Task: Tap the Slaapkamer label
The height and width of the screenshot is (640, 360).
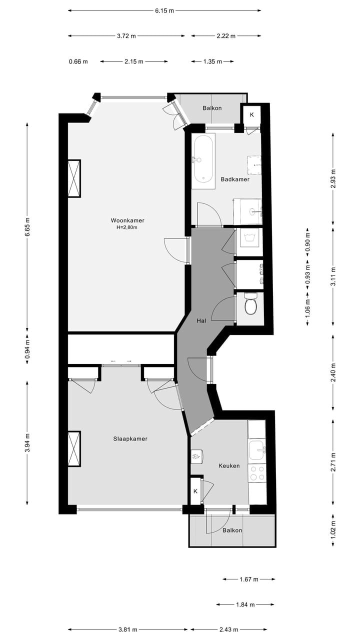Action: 130,438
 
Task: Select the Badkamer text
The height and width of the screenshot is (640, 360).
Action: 235,179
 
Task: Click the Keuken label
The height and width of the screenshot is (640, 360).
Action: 229,465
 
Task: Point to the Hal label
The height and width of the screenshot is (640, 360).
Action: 201,320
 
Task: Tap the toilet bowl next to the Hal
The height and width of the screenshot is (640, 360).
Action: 250,305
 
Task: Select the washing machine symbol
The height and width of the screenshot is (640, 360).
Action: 249,238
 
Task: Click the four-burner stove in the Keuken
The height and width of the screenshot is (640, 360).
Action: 257,473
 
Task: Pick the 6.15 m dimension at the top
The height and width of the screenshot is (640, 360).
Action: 164,10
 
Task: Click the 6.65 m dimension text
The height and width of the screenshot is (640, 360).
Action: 27,228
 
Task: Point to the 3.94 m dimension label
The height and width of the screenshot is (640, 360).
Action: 27,442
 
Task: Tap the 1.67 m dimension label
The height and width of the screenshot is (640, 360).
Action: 248,579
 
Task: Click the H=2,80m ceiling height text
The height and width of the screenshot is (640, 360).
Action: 124,227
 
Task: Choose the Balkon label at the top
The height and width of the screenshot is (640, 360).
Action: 212,108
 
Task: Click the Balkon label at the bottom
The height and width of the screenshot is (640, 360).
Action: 232,530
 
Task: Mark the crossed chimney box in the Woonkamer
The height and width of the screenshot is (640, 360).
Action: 74,178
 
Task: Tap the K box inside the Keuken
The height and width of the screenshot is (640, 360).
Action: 195,491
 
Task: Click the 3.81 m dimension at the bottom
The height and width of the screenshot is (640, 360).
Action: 127,629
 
